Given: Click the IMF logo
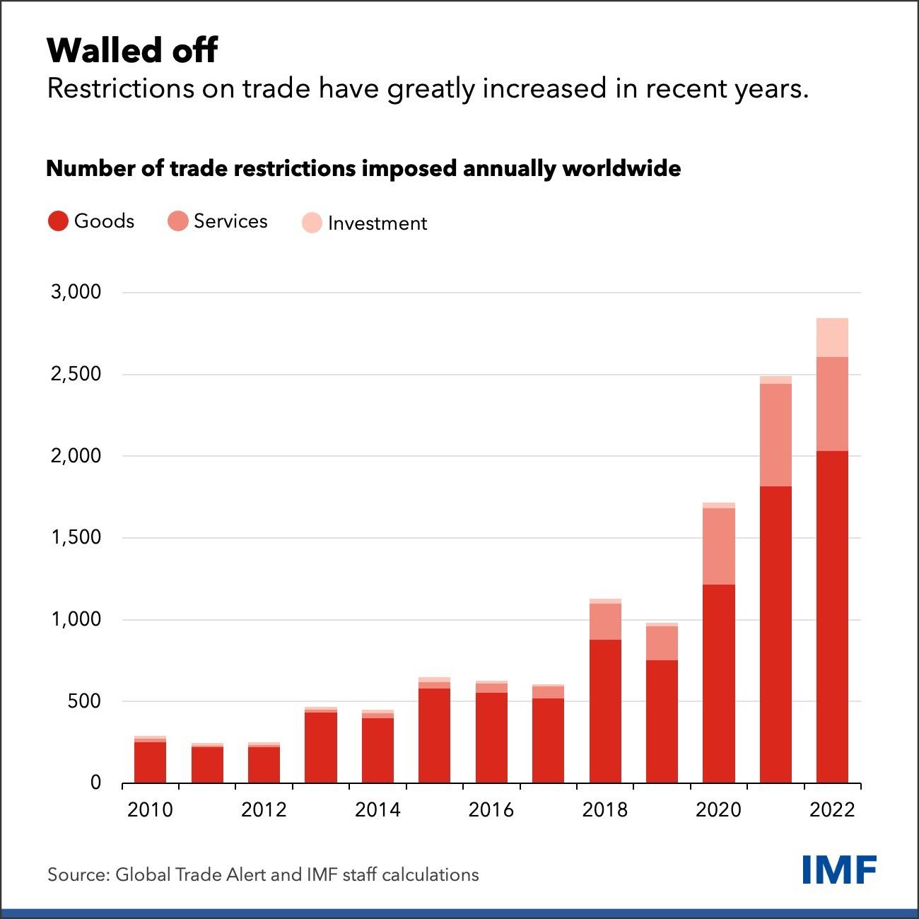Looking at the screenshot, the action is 839,870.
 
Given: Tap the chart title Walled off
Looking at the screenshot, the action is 132,50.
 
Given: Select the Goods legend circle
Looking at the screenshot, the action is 58,221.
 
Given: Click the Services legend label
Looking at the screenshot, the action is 230,221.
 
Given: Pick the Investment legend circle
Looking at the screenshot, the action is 312,223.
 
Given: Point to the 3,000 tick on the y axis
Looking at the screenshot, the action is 76,291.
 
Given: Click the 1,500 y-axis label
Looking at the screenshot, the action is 76,537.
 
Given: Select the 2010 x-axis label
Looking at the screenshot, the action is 150,810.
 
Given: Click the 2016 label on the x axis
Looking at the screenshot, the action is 491,810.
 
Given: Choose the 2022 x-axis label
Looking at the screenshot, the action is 832,810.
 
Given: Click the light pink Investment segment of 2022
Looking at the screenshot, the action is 832,337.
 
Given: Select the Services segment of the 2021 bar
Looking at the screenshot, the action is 775,435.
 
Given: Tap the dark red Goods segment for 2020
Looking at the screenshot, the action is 719,684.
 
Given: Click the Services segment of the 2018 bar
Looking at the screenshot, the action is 605,621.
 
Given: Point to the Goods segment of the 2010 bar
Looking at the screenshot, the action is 151,763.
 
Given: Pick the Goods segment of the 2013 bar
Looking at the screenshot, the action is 321,748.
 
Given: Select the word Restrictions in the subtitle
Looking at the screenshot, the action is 121,88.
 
